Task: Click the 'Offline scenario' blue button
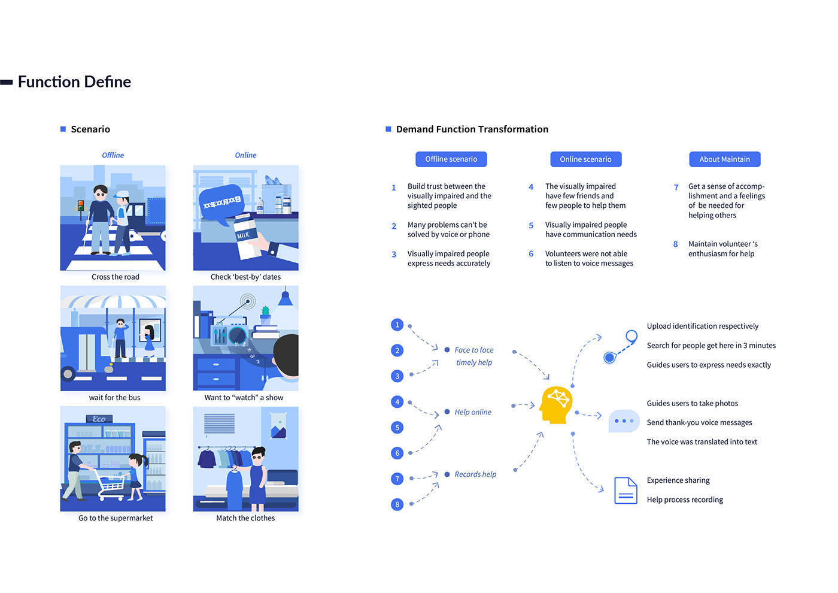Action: [451, 159]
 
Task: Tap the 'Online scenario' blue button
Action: [585, 159]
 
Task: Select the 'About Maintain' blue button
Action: [724, 159]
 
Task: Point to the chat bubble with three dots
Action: [624, 420]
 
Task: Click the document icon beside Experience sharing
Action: [626, 491]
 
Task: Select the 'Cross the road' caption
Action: [115, 277]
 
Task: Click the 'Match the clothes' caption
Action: [245, 518]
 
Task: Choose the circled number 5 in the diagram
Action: [397, 428]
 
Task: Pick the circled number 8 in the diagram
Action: [397, 504]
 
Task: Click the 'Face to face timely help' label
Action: [473, 356]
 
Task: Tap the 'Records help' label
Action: [475, 474]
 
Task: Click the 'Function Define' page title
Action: [74, 82]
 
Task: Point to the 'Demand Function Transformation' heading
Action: [472, 129]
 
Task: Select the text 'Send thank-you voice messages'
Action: [699, 423]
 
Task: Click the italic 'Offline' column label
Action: [113, 155]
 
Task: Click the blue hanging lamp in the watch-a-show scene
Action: [286, 298]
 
